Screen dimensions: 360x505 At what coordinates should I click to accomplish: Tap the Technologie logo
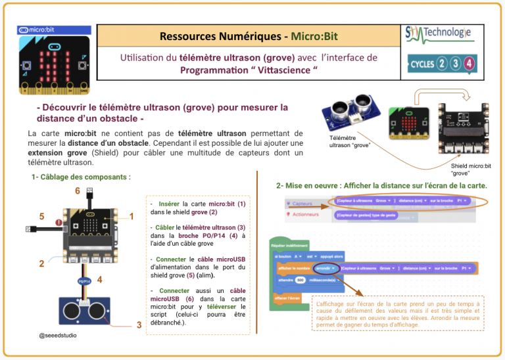(439, 34)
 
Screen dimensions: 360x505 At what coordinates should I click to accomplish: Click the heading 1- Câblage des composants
(80, 177)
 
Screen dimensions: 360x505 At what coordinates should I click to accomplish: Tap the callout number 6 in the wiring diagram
(78, 191)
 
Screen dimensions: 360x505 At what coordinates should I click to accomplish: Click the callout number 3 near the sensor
(139, 325)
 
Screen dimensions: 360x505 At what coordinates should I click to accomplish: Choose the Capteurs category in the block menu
(301, 204)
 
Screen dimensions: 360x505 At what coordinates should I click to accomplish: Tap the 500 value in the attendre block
(300, 279)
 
